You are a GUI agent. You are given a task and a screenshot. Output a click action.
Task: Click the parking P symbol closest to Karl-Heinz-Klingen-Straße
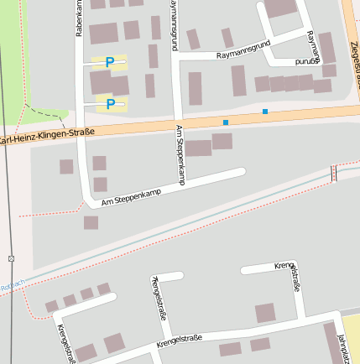tap(110, 103)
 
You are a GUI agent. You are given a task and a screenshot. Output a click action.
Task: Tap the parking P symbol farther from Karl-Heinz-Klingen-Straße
tap(110, 62)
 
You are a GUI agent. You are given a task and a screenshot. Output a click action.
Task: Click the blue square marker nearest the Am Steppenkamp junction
tap(225, 123)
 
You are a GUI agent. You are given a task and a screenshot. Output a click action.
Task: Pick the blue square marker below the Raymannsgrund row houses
tap(265, 112)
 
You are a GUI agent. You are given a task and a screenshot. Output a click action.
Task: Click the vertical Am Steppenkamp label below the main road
tap(180, 154)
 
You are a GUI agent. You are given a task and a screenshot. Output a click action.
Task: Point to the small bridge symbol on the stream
tap(334, 173)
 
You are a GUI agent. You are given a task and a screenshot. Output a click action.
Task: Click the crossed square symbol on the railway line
tap(11, 257)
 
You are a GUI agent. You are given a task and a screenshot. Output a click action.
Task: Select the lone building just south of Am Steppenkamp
tap(91, 222)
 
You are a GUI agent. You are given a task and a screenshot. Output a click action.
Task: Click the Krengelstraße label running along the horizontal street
tap(179, 340)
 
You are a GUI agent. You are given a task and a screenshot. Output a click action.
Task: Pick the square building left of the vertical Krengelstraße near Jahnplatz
tap(265, 313)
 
